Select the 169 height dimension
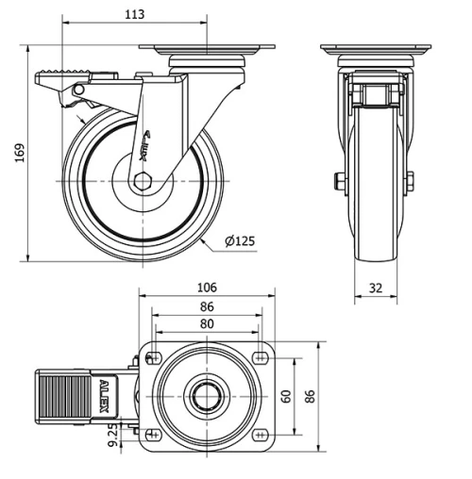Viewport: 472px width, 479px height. click(18, 153)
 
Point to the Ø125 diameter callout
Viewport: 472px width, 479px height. click(240, 242)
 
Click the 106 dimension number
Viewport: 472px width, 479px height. click(207, 287)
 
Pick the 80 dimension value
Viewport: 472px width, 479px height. click(207, 323)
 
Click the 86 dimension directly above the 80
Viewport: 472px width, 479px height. click(207, 306)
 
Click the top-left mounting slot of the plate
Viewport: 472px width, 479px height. click(151, 356)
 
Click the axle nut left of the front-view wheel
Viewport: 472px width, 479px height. click(335, 181)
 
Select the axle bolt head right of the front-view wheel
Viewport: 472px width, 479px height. click(412, 181)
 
